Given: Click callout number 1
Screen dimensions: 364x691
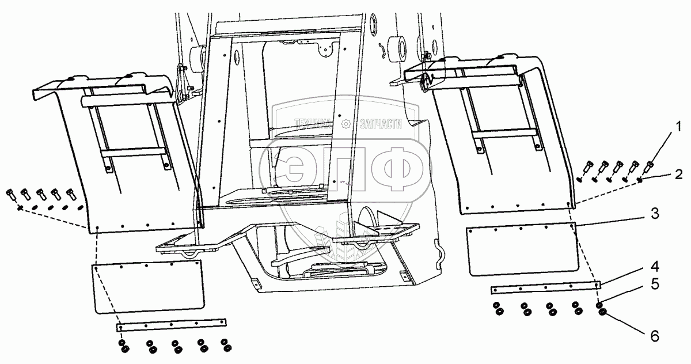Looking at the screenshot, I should [679, 125].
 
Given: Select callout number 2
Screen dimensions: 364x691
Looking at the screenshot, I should [679, 174].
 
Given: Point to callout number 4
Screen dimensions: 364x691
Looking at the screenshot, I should [655, 267].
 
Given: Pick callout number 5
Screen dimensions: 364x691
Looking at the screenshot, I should [655, 284].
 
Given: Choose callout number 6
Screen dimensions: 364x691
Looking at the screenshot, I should [655, 335].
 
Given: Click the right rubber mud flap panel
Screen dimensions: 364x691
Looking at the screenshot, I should [521, 251].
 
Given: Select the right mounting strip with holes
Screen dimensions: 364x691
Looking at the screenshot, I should [544, 287].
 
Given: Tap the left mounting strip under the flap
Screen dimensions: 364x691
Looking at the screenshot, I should [172, 326].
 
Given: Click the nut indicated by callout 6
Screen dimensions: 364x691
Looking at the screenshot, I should [602, 312].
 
